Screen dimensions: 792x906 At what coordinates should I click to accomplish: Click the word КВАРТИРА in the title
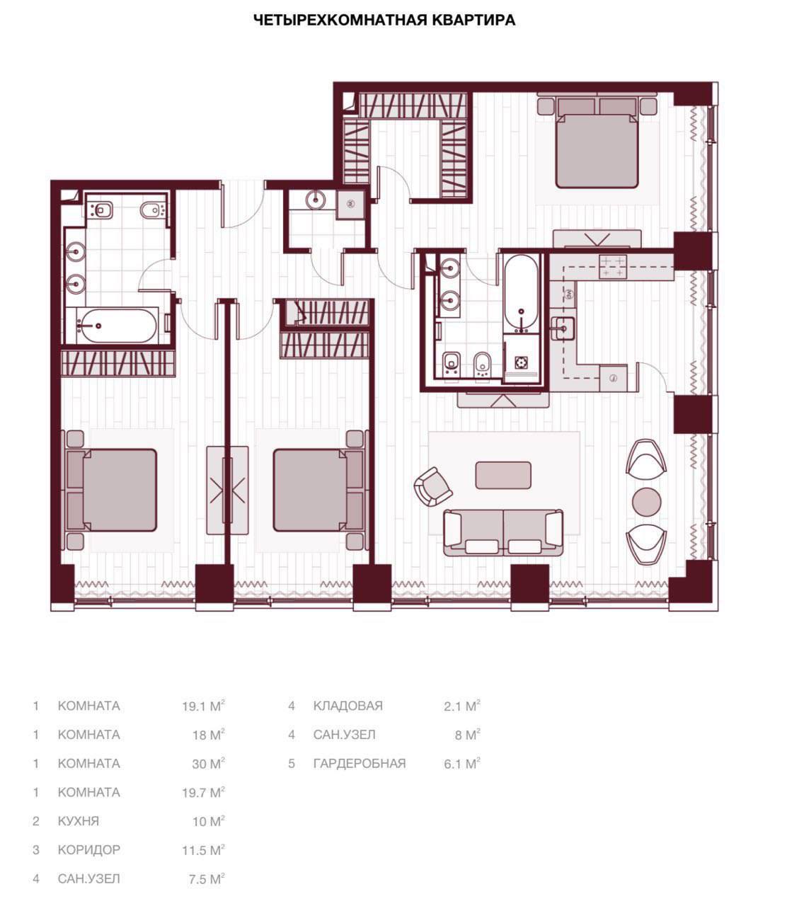pos(473,20)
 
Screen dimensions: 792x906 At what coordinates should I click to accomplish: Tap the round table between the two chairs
pos(646,502)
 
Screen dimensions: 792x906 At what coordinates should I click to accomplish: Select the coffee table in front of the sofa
pos(503,475)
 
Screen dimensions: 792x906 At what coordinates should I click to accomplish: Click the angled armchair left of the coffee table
pos(433,487)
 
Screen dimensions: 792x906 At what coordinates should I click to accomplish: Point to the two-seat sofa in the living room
pos(503,533)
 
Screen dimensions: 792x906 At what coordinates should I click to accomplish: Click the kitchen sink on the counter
pos(563,328)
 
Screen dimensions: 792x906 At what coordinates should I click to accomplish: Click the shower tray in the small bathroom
pos(350,205)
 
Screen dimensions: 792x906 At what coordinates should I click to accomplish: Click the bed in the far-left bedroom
pos(112,490)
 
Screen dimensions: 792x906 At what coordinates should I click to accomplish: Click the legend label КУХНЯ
pos(79,820)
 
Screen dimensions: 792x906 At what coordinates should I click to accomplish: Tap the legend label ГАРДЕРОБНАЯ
pos(360,763)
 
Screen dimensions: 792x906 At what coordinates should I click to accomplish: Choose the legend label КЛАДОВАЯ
pos(348,706)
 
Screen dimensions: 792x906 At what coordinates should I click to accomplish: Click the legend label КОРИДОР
pos(89,849)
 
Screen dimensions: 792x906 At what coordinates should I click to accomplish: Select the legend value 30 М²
pos(208,764)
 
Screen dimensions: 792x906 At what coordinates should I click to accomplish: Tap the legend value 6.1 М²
pos(462,764)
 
